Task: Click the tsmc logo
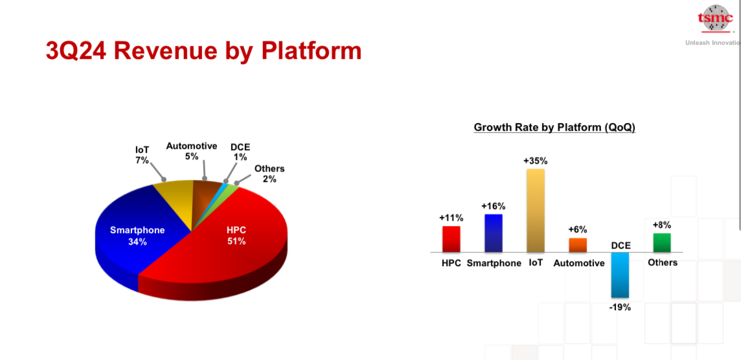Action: tap(716, 19)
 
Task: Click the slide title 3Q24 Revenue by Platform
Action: tap(203, 51)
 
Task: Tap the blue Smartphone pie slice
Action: tap(137, 236)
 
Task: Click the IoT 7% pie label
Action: tap(142, 155)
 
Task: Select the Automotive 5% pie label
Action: tap(191, 151)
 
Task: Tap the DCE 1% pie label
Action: tap(240, 152)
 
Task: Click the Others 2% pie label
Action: tap(269, 174)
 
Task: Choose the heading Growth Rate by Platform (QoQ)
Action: tap(554, 128)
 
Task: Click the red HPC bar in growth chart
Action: tap(451, 239)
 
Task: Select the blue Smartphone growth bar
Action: tap(494, 233)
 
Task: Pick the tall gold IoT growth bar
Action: tap(536, 210)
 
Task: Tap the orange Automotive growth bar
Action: tap(578, 245)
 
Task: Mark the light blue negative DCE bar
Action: tap(620, 275)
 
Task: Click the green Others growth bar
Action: tap(662, 242)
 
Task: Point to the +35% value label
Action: tap(536, 161)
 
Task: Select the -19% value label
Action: tap(621, 307)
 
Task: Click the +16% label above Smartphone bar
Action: tap(494, 206)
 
